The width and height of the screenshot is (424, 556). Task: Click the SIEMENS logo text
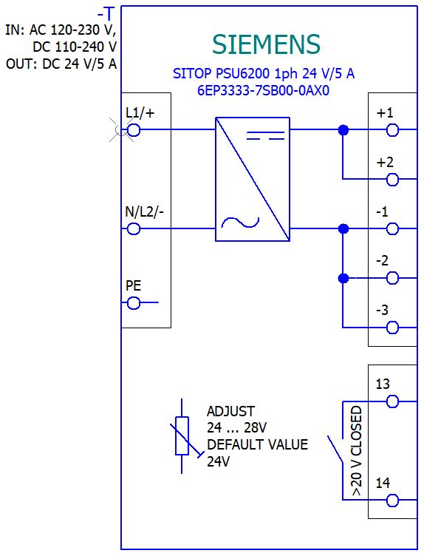click(266, 44)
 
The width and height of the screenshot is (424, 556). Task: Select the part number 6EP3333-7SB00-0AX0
click(263, 90)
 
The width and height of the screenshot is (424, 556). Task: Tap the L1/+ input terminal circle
click(134, 130)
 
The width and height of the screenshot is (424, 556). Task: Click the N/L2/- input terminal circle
click(134, 228)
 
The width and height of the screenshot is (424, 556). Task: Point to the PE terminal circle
click(134, 303)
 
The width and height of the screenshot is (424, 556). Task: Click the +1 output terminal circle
click(392, 130)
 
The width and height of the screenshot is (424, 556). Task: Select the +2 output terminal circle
click(392, 180)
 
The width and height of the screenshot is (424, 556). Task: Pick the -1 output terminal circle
click(392, 228)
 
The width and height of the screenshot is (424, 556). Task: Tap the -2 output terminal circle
click(392, 278)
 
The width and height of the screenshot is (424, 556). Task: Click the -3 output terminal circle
click(392, 328)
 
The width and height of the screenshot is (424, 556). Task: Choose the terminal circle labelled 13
click(392, 401)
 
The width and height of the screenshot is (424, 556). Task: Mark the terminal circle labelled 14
click(392, 501)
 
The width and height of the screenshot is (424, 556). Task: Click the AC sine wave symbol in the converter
click(240, 223)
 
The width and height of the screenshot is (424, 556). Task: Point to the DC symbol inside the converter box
click(265, 135)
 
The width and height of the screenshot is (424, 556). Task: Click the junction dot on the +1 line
click(343, 130)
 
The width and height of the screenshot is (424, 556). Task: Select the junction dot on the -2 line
click(343, 278)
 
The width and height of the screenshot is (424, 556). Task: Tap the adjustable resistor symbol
click(182, 435)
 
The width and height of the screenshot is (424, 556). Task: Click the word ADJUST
click(230, 411)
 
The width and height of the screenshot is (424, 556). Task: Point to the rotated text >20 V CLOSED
click(357, 451)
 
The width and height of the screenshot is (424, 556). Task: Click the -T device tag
click(106, 14)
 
